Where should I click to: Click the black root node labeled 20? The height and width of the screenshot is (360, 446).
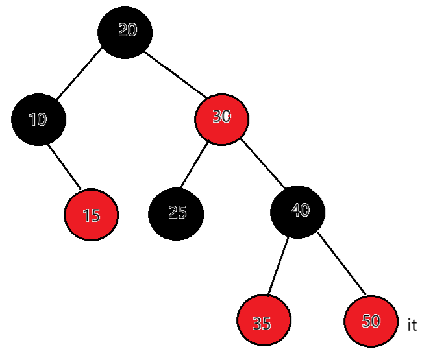pos(125,32)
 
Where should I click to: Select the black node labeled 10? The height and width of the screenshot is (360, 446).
pos(38,120)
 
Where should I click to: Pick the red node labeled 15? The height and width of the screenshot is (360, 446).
pos(92,215)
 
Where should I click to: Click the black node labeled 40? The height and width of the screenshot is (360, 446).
pos(298,211)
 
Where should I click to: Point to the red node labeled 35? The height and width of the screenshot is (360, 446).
pos(264,321)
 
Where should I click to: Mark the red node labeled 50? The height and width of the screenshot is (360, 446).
pos(371,322)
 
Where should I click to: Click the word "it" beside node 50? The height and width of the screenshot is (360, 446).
pos(412,326)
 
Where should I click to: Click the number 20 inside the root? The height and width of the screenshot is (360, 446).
pos(128,29)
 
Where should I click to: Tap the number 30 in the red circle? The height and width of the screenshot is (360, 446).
pos(222,116)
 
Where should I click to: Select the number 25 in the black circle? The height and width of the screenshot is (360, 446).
pos(177,212)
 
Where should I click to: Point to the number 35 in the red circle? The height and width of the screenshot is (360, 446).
pos(262,323)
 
